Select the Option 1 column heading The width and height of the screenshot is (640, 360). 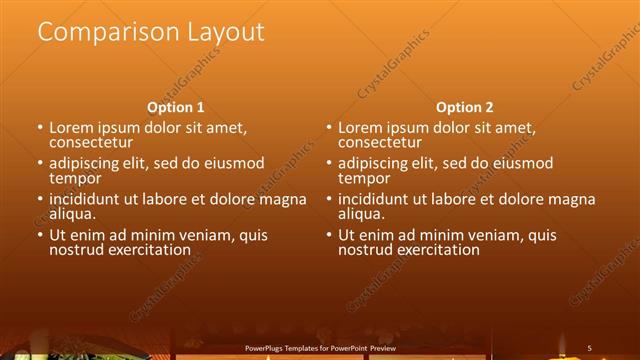(176, 107)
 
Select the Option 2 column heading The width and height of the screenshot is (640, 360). (464, 107)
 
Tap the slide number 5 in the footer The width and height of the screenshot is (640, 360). (590, 347)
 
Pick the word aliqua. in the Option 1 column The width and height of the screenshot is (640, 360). (73, 214)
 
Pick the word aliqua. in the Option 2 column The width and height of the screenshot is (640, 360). (361, 214)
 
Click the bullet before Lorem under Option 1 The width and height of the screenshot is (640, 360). (40, 129)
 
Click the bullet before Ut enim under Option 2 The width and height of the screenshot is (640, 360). (328, 235)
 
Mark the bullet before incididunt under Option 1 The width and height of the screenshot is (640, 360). (40, 200)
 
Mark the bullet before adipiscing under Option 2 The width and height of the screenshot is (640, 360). (328, 164)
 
